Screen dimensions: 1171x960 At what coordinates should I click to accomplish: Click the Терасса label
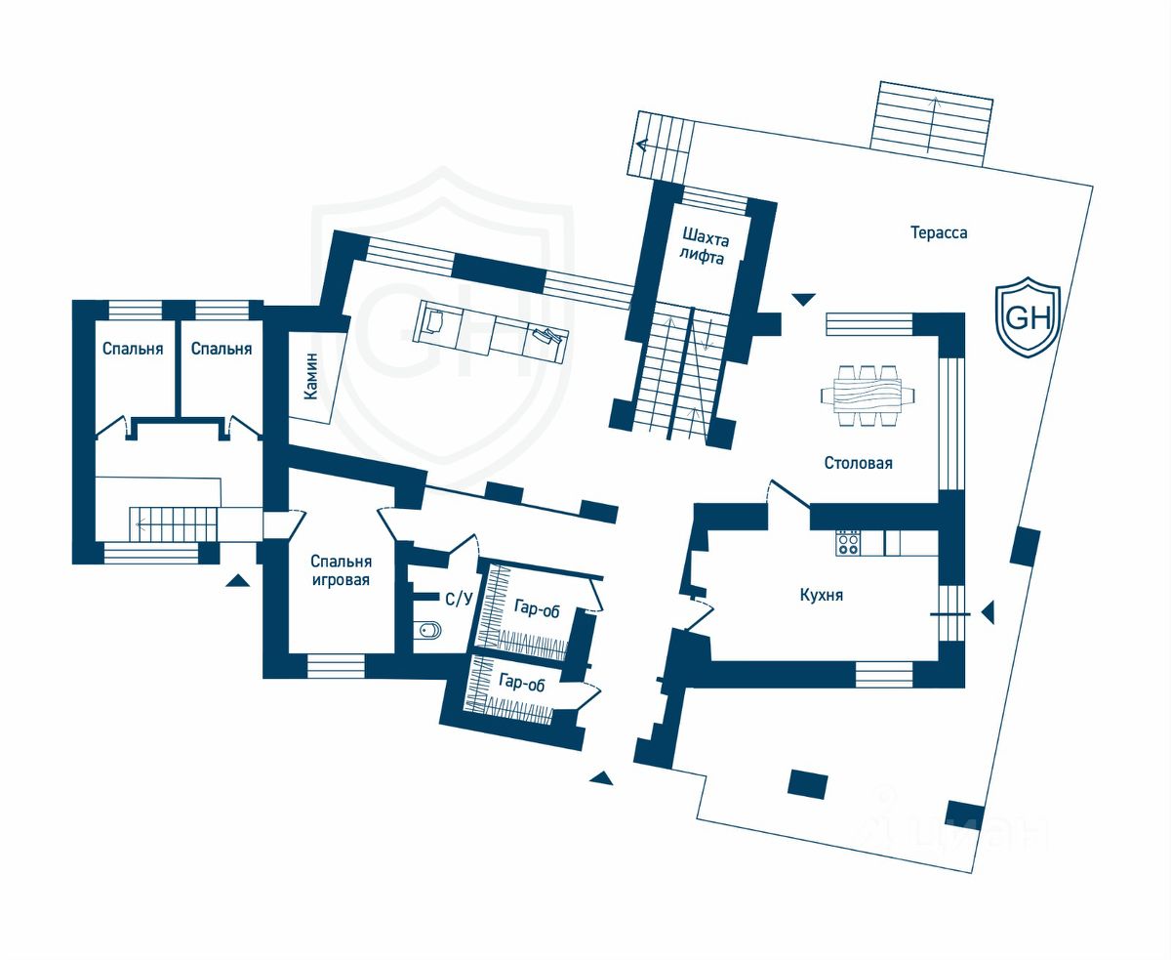click(x=939, y=233)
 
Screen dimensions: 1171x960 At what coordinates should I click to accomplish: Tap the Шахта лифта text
click(x=704, y=247)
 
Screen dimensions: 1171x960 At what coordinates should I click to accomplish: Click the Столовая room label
click(x=858, y=463)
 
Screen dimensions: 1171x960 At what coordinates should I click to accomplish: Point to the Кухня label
click(x=821, y=595)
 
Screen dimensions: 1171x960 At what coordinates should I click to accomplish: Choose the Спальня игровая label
click(x=341, y=571)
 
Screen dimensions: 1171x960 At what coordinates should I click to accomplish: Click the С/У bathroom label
click(x=459, y=599)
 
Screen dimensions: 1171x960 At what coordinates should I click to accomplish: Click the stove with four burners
click(x=848, y=543)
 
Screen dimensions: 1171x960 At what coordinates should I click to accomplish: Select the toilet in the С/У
click(x=427, y=631)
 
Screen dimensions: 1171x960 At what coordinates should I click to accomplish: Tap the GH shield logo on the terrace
click(x=1028, y=316)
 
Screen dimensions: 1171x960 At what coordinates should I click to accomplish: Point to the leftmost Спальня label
click(x=133, y=349)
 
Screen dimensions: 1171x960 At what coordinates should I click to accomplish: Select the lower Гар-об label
click(x=520, y=685)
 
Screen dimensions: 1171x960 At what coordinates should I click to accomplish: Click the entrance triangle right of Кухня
click(x=987, y=612)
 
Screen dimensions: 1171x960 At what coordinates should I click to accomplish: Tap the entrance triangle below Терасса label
click(x=803, y=300)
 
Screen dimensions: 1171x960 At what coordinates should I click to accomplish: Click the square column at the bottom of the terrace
click(x=808, y=783)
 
